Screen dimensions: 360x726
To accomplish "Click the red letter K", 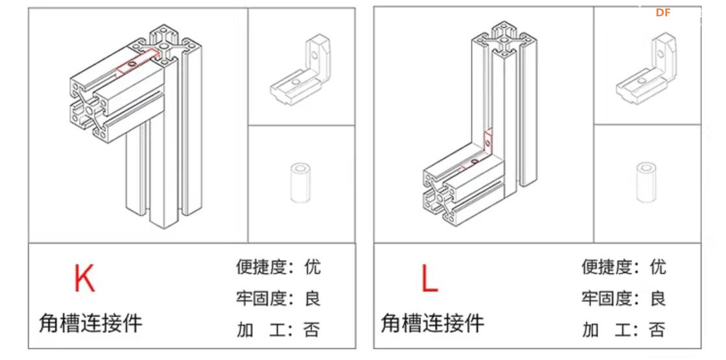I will [84, 278].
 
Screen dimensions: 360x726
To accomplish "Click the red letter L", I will [429, 279].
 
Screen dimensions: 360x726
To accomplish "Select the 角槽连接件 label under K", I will [90, 322].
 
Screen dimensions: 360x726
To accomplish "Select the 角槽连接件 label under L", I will [432, 322].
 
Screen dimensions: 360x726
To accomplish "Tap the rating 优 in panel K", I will [312, 267].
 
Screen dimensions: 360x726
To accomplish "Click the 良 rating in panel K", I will [312, 298].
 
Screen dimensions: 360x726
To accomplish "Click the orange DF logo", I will [662, 12].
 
